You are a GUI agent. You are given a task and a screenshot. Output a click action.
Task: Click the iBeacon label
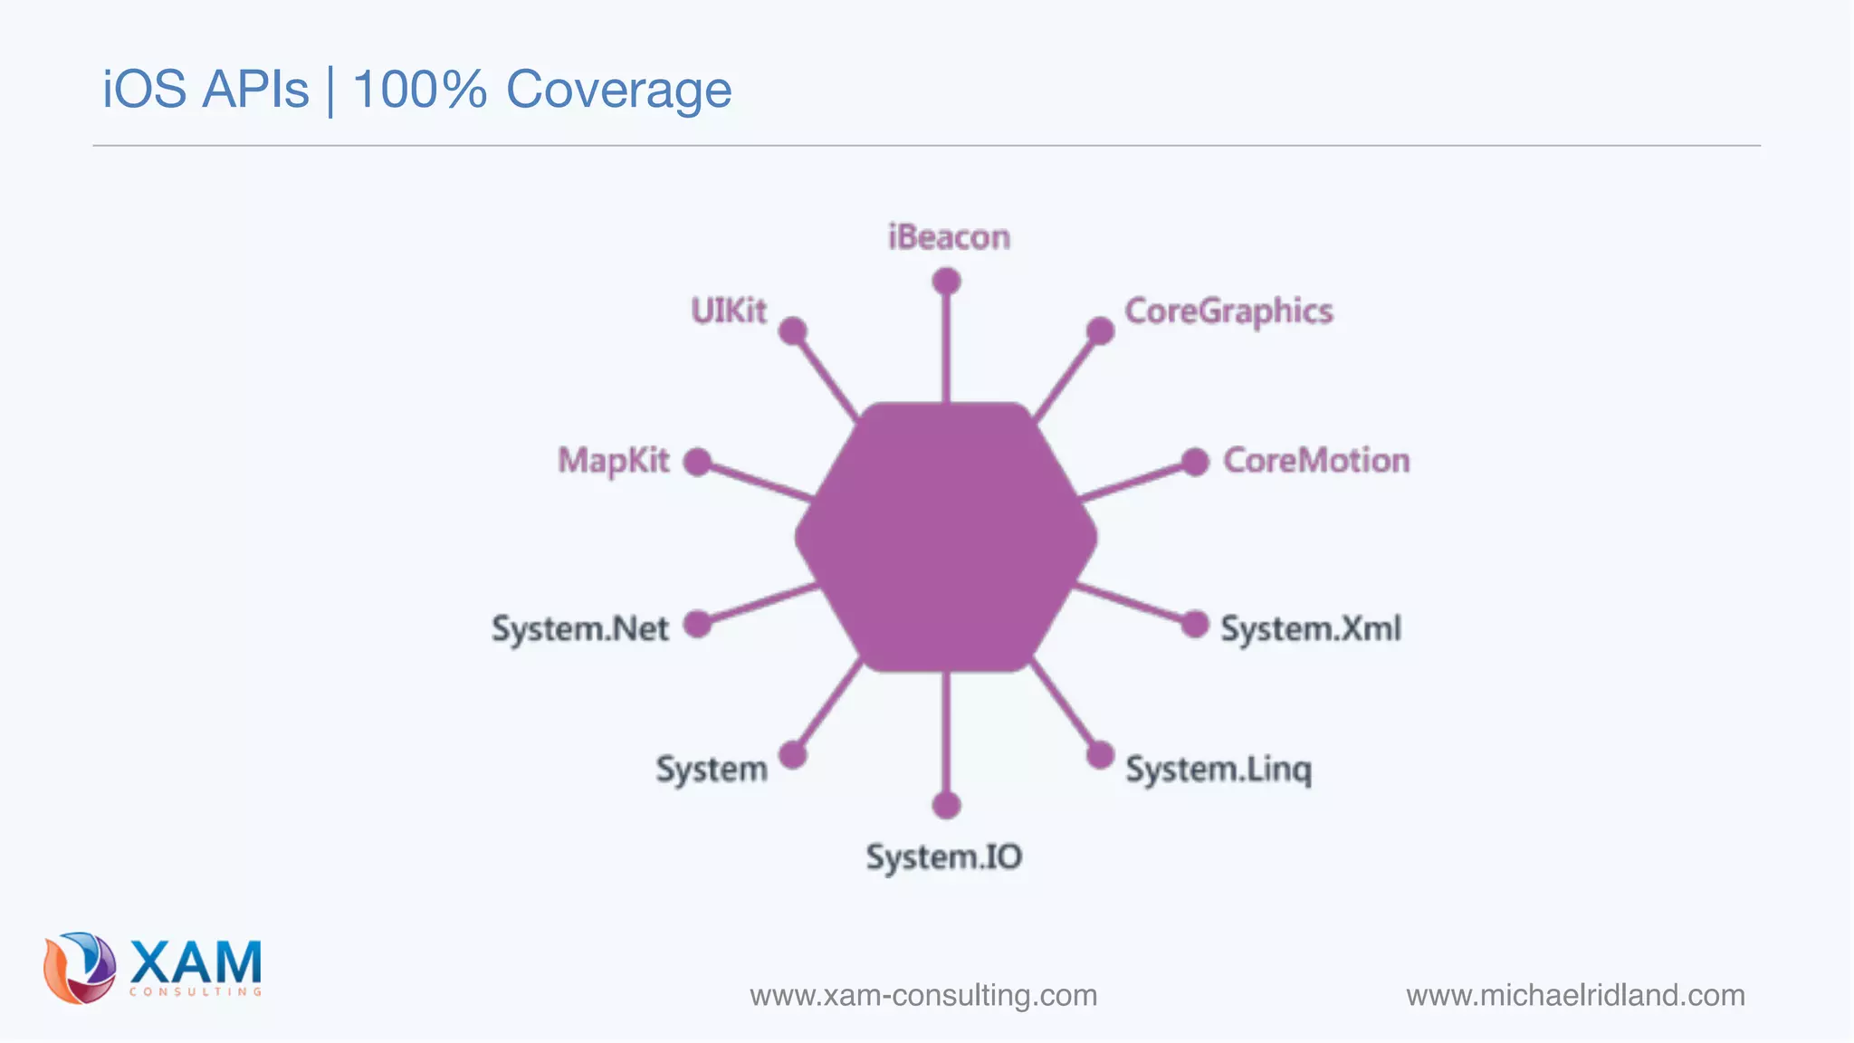949,237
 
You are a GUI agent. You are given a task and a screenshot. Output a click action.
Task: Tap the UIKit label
728,311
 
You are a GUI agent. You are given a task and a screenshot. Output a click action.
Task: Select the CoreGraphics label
1228,311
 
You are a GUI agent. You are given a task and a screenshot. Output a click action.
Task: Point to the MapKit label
613,461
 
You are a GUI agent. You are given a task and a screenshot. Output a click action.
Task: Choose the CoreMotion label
1316,461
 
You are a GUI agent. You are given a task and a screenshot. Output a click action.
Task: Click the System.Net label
579,628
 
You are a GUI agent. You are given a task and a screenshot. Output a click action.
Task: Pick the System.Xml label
1310,628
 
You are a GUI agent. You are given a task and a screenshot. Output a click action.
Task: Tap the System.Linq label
1218,770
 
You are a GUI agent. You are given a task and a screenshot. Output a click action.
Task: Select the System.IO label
944,856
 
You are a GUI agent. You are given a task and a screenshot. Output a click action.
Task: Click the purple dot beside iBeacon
946,282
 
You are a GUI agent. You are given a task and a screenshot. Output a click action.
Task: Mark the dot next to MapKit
697,462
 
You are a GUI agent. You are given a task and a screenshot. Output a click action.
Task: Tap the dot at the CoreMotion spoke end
1195,462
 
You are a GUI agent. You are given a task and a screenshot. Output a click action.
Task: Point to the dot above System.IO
946,805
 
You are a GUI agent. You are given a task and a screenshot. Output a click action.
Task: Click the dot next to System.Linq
1100,754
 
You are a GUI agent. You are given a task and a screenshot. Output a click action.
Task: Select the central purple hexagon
946,537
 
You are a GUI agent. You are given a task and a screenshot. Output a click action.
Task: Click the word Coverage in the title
618,90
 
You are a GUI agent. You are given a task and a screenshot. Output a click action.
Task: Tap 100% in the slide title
419,90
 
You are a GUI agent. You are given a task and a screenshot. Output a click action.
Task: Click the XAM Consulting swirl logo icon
80,968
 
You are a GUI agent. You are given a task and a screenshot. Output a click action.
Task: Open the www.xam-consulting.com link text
923,995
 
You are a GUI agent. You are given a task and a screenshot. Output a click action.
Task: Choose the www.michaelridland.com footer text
1575,995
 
